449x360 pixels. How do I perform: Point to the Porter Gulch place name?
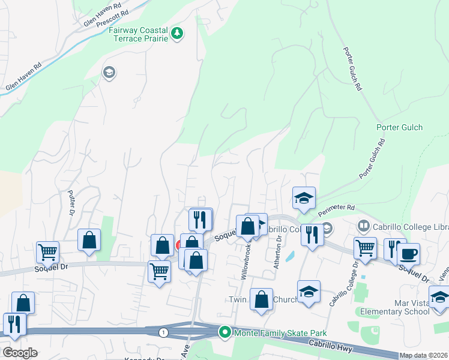coord(399,127)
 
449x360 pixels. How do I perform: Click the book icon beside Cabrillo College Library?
coord(363,226)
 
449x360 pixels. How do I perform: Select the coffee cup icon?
coord(408,253)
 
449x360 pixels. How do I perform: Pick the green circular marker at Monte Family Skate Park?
coord(224,332)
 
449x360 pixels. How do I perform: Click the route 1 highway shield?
coord(163,332)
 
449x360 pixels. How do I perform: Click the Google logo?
coord(20,353)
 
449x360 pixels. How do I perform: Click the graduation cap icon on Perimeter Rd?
coord(304,197)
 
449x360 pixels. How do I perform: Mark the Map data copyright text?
coord(423,355)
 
